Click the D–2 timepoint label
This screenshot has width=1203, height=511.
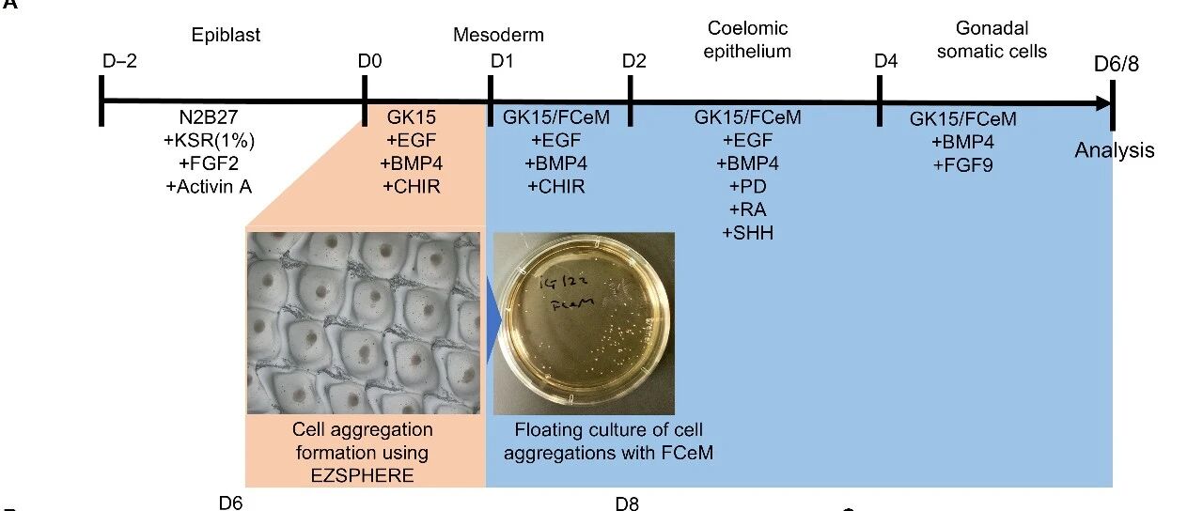click(x=119, y=61)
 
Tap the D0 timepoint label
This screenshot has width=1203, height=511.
click(x=369, y=61)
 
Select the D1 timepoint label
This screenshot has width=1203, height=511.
click(x=502, y=61)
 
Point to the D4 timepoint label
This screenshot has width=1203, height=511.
click(x=885, y=61)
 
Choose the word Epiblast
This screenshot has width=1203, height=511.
click(x=226, y=35)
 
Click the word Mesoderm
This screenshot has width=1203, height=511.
click(x=498, y=36)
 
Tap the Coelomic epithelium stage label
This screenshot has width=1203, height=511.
click(x=749, y=39)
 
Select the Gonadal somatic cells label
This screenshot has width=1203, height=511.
click(x=992, y=39)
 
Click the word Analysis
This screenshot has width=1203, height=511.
click(x=1115, y=150)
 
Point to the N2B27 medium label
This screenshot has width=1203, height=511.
click(x=210, y=119)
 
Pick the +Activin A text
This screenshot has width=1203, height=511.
click(x=209, y=186)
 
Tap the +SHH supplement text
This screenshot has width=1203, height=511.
click(x=747, y=232)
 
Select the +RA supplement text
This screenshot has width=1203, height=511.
click(x=747, y=209)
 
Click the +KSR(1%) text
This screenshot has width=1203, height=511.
click(x=209, y=142)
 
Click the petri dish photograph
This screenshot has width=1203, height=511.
click(x=584, y=324)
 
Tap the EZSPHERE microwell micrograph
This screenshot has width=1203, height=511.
click(x=363, y=320)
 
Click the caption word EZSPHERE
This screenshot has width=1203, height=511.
click(x=362, y=475)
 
